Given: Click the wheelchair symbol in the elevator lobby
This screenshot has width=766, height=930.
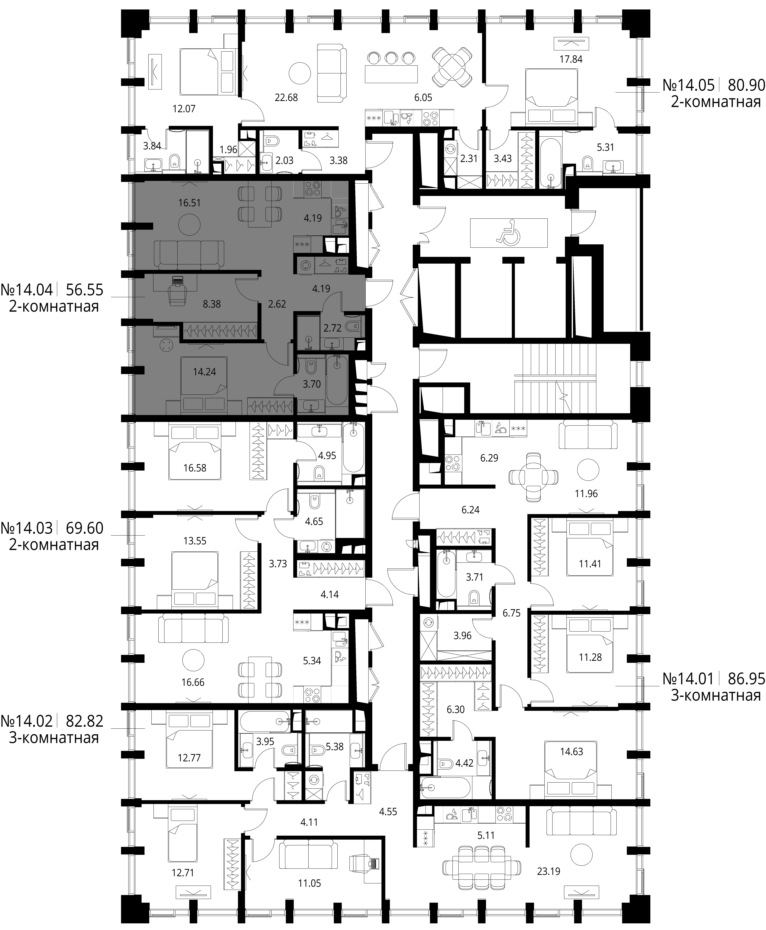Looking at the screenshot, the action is (x=509, y=232).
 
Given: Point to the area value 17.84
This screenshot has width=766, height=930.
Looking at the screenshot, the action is (x=571, y=59).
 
